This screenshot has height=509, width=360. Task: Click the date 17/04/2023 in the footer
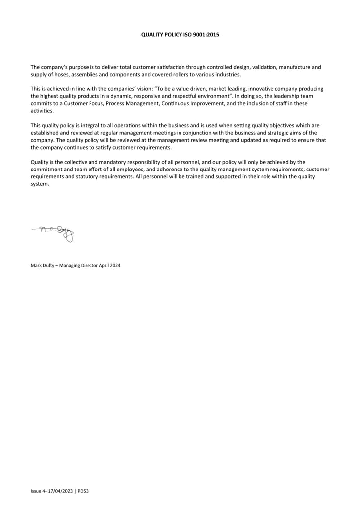(61, 491)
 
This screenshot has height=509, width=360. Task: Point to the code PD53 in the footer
(83, 491)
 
